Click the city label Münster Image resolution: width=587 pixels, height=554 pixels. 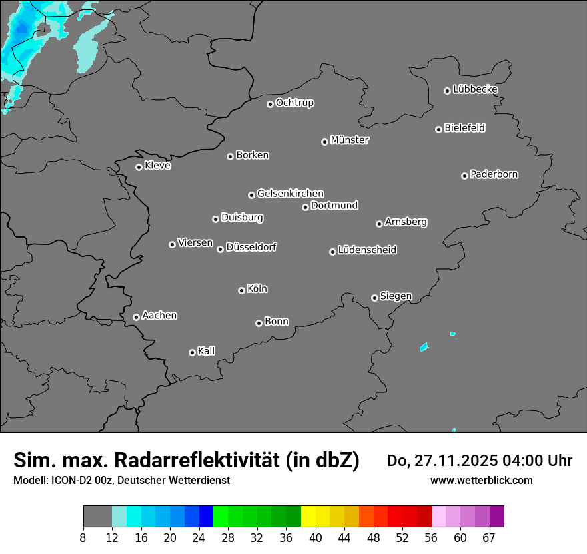pos(350,140)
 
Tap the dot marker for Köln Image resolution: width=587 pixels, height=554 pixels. pos(241,290)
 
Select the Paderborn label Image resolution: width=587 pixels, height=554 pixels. pos(494,174)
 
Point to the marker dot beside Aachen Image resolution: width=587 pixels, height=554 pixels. pos(136,317)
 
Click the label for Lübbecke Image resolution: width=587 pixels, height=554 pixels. pos(476,89)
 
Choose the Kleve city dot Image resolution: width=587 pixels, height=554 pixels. pos(139,167)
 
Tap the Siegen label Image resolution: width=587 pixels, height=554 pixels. pos(396,296)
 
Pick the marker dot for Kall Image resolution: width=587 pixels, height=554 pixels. pos(192,352)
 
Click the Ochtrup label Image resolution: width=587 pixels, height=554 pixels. pos(295,103)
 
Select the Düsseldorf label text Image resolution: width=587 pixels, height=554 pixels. pos(251,247)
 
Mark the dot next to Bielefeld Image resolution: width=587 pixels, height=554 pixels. pos(438,129)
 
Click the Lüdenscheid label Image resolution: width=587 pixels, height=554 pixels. pos(367,250)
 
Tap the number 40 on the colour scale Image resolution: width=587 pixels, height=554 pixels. pos(316,538)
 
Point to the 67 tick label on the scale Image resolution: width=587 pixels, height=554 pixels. pos(490,538)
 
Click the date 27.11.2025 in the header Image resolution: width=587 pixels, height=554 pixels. pos(460,461)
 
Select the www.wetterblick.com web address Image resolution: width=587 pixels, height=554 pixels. pos(481,480)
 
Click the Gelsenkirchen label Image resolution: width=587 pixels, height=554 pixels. pos(290,194)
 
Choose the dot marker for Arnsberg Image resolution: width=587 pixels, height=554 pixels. pos(379,224)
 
